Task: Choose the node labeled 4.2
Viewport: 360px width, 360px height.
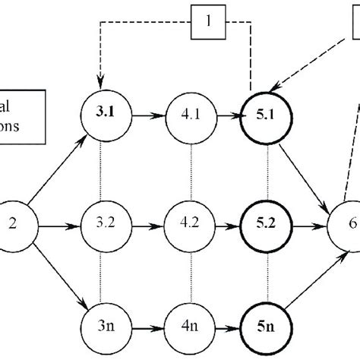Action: point(187,226)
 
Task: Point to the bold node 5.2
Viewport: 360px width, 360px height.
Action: point(267,226)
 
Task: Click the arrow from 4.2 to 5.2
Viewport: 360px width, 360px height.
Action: point(226,226)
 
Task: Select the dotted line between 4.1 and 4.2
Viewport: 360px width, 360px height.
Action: point(187,172)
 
